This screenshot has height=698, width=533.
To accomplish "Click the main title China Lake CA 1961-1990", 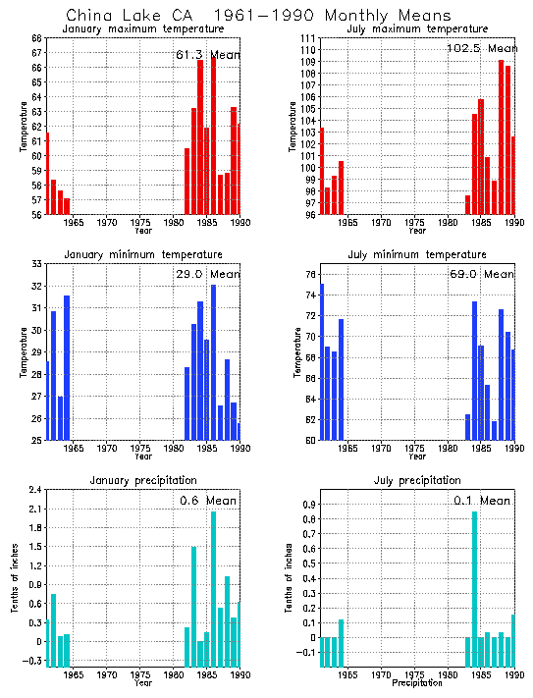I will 259,16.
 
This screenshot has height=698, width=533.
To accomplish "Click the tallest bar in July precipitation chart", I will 475,589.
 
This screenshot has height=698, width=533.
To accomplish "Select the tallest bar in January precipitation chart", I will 213,589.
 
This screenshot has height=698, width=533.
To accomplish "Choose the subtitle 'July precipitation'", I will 417,480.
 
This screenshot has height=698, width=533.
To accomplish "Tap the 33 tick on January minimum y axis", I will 36,264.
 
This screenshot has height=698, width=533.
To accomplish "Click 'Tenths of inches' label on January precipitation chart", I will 15,579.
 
